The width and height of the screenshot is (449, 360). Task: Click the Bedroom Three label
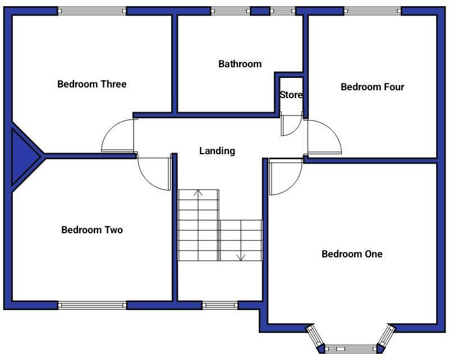pyautogui.click(x=92, y=85)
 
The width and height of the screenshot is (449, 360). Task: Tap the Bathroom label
pyautogui.click(x=240, y=64)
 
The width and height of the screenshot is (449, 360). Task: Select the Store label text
pyautogui.click(x=291, y=95)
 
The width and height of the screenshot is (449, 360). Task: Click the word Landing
pyautogui.click(x=217, y=151)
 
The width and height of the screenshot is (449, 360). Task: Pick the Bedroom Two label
pyautogui.click(x=91, y=230)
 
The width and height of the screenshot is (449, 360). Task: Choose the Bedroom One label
pyautogui.click(x=352, y=254)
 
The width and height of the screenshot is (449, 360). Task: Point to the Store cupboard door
pyautogui.click(x=290, y=127)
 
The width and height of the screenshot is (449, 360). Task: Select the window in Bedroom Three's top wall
pyautogui.click(x=93, y=11)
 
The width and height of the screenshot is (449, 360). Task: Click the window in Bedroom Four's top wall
pyautogui.click(x=373, y=11)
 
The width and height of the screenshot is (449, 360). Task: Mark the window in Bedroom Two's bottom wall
pyautogui.click(x=93, y=305)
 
